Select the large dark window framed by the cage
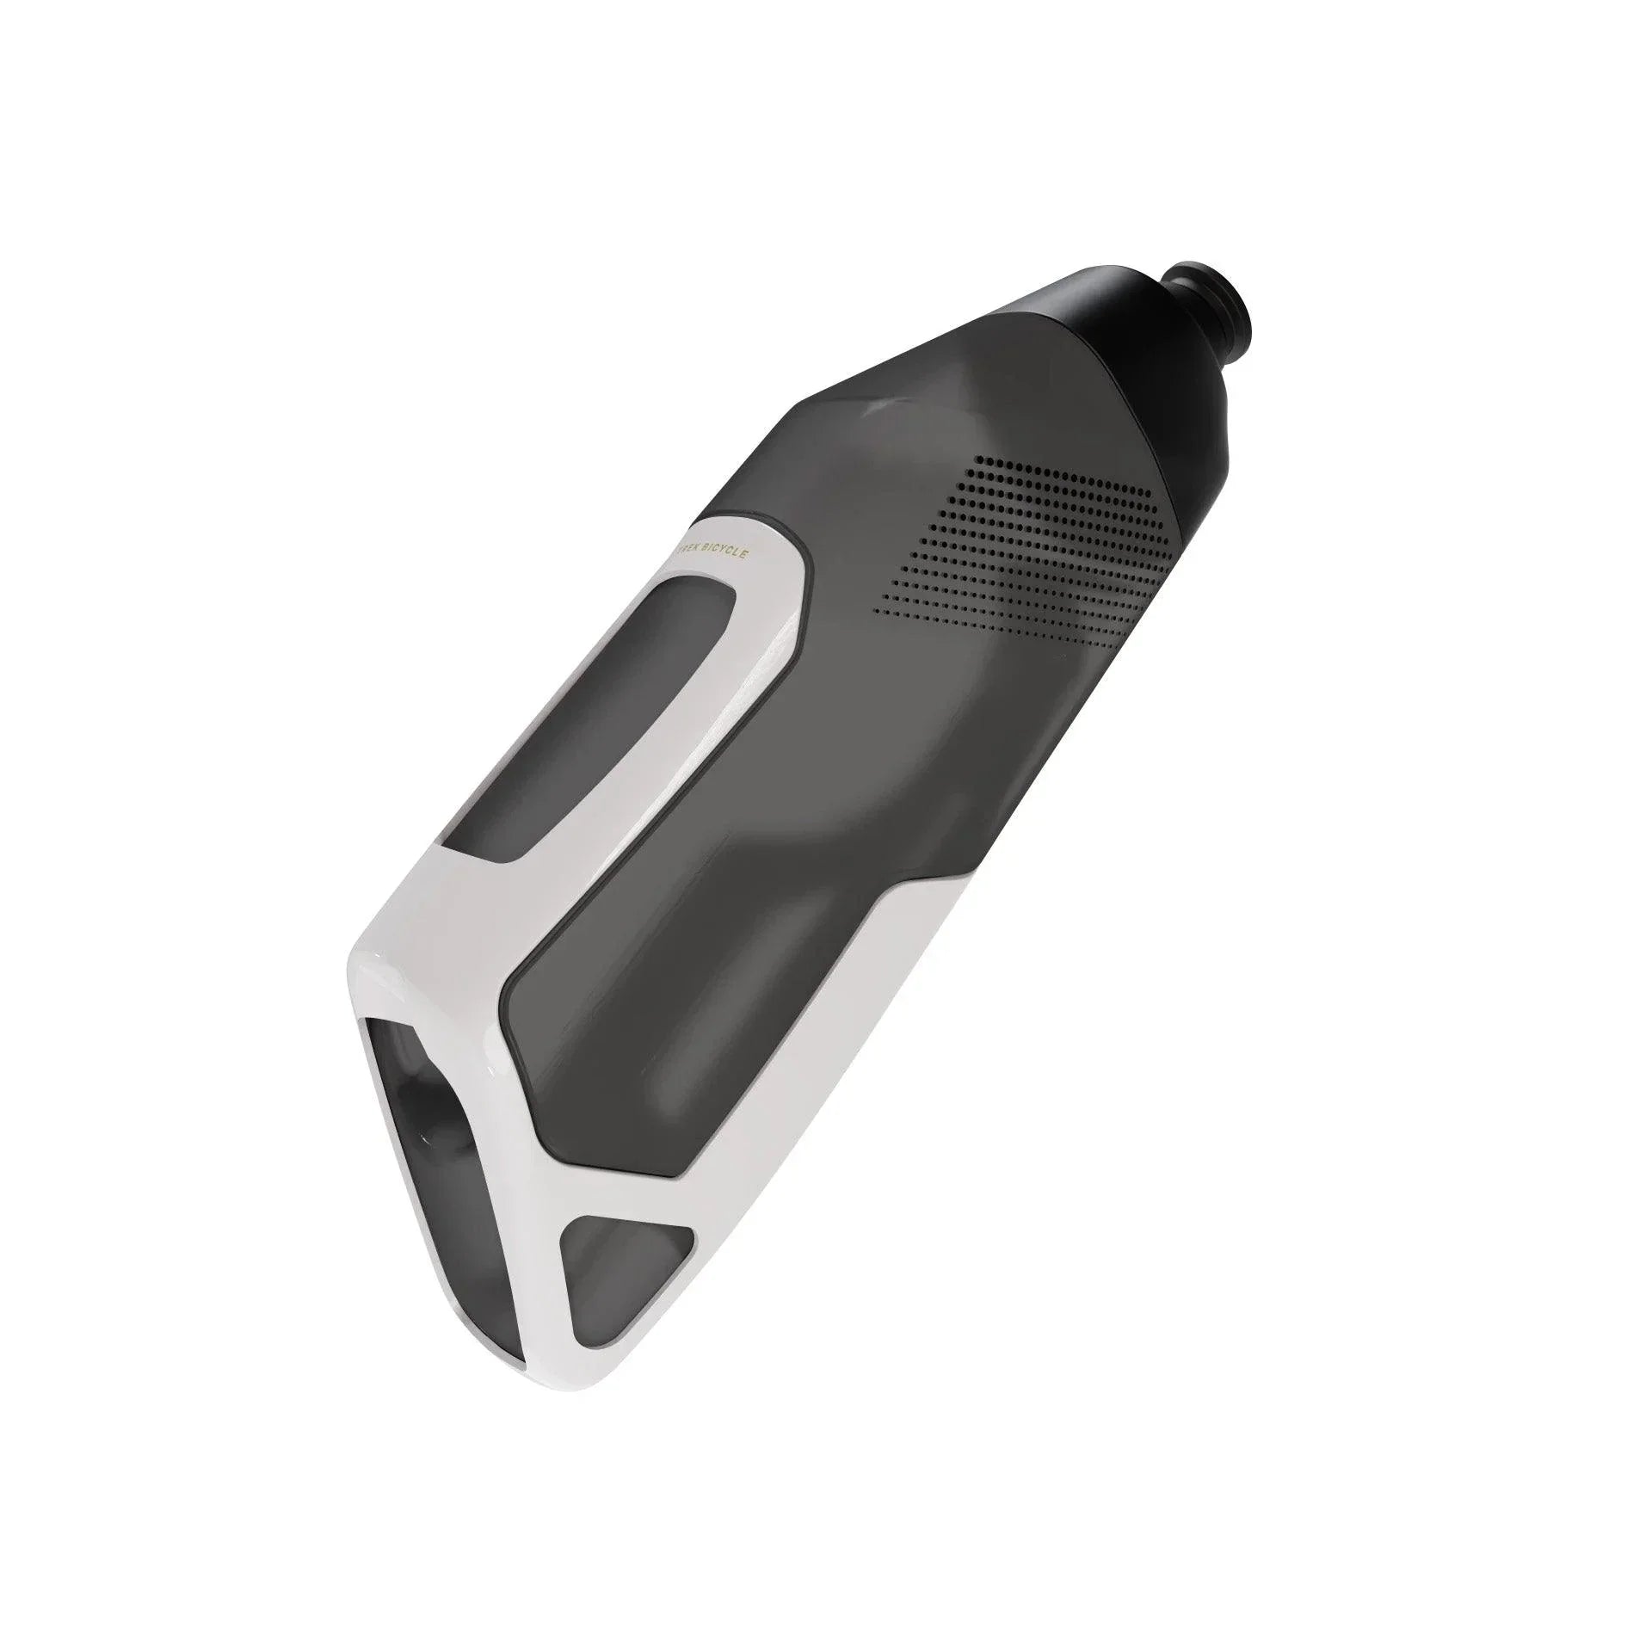click(x=688, y=1032)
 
